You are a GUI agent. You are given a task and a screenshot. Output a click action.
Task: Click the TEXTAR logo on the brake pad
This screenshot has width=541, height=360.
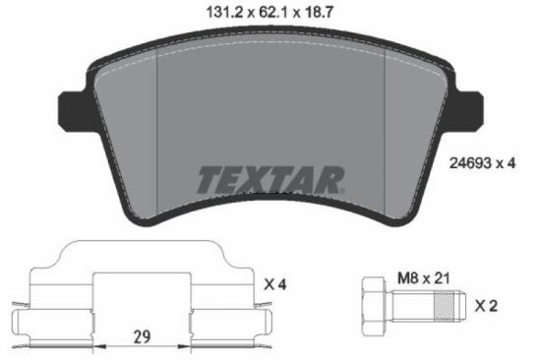(x=270, y=180)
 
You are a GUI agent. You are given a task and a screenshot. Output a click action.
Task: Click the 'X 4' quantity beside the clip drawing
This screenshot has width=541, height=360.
(x=276, y=284)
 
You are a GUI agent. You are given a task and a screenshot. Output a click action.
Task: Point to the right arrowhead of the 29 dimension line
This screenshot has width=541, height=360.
(x=189, y=346)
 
